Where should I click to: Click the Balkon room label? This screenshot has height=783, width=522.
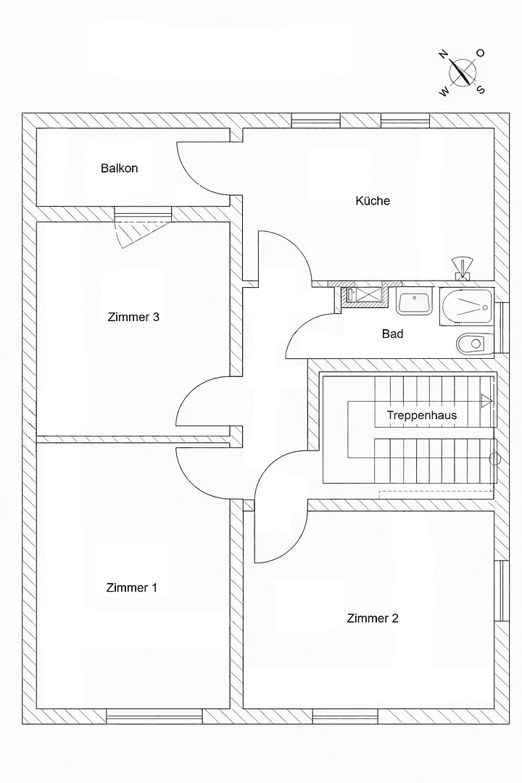(119, 168)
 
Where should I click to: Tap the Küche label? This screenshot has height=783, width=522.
(372, 201)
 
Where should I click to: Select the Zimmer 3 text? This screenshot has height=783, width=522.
(133, 317)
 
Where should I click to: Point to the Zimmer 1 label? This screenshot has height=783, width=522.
(131, 588)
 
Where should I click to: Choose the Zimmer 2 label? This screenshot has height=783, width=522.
(372, 618)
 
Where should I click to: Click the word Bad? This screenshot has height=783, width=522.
(392, 334)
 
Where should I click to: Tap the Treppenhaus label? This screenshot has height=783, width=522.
(421, 416)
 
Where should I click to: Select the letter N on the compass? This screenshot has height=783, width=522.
(443, 54)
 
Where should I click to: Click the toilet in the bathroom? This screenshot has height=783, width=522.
(473, 342)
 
